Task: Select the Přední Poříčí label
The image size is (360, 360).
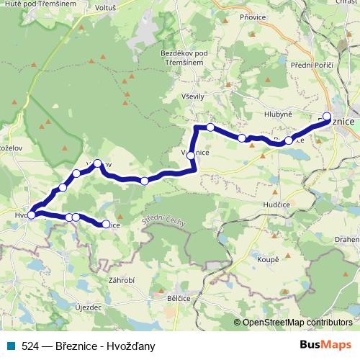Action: [312, 66]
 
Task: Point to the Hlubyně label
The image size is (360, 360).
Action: [277, 114]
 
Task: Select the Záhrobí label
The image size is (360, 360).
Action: [122, 279]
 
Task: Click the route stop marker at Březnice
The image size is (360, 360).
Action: [327, 116]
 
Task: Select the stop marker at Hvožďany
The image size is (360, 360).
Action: [31, 215]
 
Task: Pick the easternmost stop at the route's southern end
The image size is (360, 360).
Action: [106, 225]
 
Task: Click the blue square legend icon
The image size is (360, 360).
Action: [10, 345]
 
